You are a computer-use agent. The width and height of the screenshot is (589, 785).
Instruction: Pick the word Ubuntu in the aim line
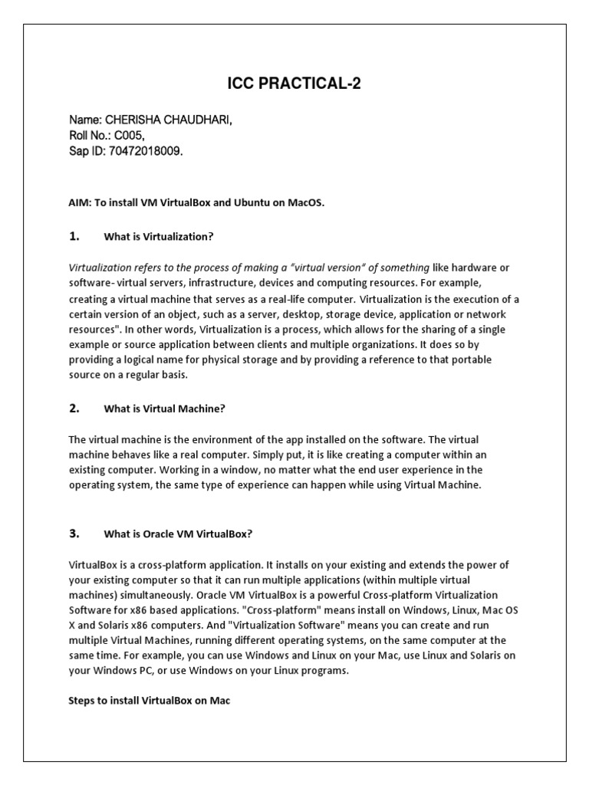point(248,202)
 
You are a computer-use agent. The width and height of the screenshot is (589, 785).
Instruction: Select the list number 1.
point(74,237)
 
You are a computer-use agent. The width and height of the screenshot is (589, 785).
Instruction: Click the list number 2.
point(74,409)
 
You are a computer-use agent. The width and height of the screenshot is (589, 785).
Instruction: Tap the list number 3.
point(74,534)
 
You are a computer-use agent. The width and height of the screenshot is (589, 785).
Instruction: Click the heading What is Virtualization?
point(158,238)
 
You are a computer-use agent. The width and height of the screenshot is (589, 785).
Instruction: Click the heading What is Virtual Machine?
point(164,409)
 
